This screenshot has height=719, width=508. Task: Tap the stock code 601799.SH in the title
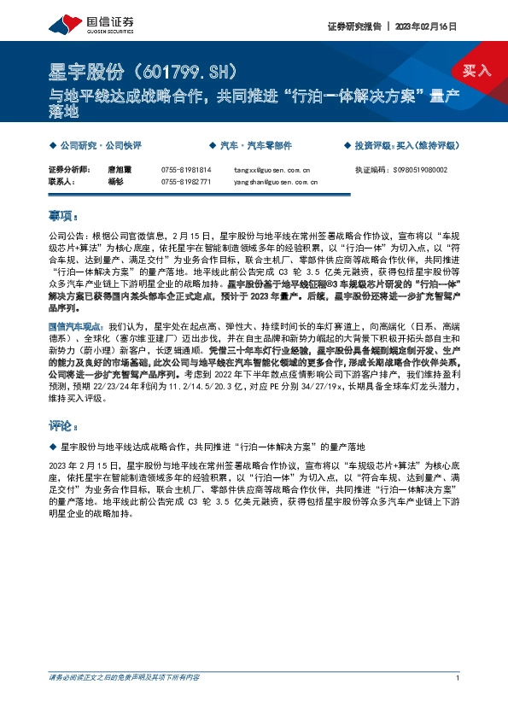coord(192,68)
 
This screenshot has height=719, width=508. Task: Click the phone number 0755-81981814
coord(186,170)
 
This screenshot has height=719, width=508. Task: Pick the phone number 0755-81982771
coord(186,182)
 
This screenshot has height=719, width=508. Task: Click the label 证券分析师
coord(67,170)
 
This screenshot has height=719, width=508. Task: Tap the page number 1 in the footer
coord(458,677)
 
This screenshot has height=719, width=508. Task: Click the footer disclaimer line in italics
coord(125,677)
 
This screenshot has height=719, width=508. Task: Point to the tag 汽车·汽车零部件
coord(256,145)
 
